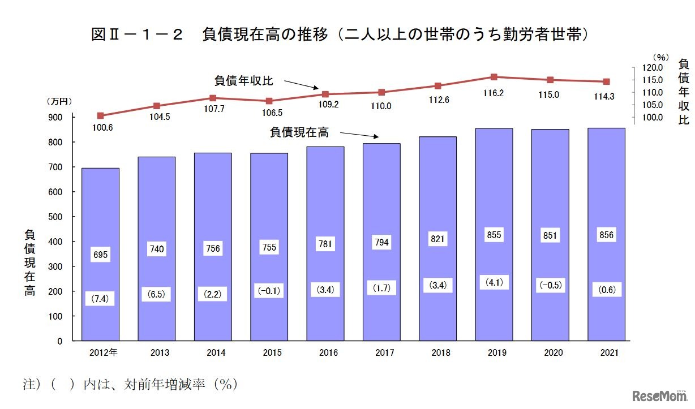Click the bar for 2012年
click(100, 255)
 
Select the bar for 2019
click(494, 235)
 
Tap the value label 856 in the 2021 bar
click(606, 235)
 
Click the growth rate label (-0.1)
click(269, 291)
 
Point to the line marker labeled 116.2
click(494, 77)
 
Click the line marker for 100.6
click(100, 115)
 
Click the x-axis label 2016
click(328, 353)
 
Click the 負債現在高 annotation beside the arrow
click(299, 132)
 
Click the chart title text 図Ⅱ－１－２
click(137, 35)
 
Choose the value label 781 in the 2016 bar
click(325, 244)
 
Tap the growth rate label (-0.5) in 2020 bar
click(550, 286)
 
